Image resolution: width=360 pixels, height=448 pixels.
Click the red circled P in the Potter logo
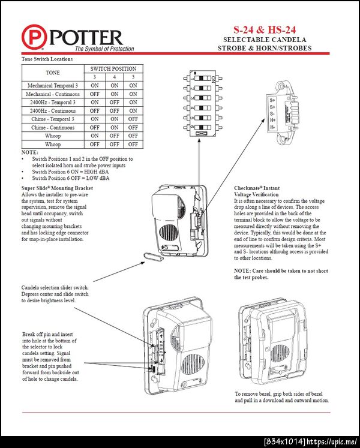pyautogui.click(x=34, y=37)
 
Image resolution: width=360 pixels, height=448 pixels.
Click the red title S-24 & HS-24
pyautogui.click(x=265, y=30)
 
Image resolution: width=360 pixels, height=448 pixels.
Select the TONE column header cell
pyautogui.click(x=53, y=73)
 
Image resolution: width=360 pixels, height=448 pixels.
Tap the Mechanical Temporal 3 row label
pyautogui.click(x=53, y=85)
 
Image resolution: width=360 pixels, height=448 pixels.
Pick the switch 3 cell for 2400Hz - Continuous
pyautogui.click(x=95, y=110)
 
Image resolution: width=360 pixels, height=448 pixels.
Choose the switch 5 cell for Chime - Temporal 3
pyautogui.click(x=133, y=119)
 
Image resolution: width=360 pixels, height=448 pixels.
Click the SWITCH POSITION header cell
pyautogui.click(x=113, y=69)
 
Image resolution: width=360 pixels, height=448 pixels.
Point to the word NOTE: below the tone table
pyautogui.click(x=30, y=152)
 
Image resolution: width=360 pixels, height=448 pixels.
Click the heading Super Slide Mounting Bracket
pyautogui.click(x=57, y=188)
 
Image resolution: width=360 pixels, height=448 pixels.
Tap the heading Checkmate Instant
pyautogui.click(x=257, y=188)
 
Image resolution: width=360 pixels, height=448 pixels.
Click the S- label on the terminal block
pyautogui.click(x=272, y=114)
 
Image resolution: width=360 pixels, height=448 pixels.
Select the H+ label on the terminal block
pyautogui.click(x=272, y=121)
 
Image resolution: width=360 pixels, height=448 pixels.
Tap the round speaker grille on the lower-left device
pyautogui.click(x=193, y=365)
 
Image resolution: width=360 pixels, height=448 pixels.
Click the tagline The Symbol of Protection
pyautogui.click(x=104, y=49)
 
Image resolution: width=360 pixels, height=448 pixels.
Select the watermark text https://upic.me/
pyautogui.click(x=332, y=442)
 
